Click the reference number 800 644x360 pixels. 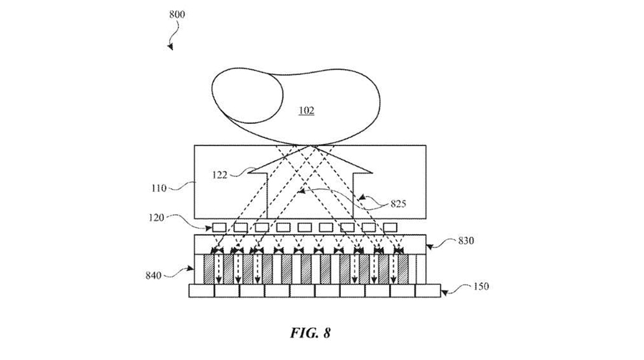(x=177, y=14)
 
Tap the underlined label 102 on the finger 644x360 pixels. (x=307, y=111)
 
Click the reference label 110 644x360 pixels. (x=158, y=188)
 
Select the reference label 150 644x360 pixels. (x=479, y=286)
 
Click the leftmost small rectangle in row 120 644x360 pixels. (x=219, y=227)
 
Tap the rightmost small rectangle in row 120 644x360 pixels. (x=390, y=227)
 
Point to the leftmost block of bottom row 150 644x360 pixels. (x=201, y=291)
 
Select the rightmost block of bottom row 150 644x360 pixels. (x=427, y=291)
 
